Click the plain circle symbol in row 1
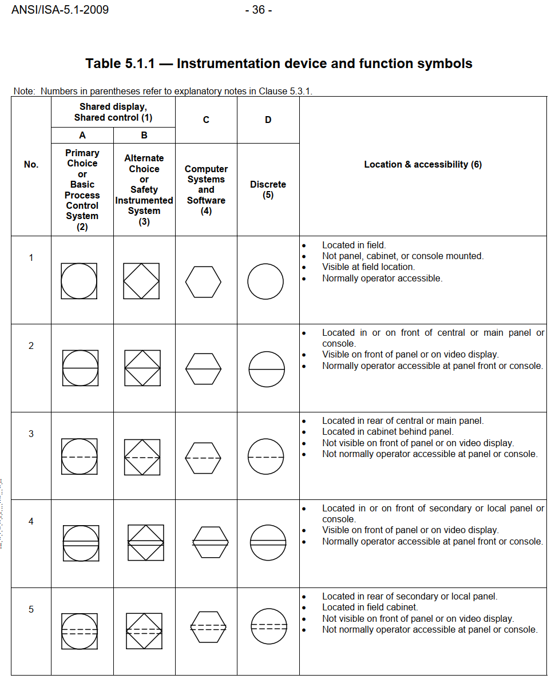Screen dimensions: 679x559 [x=265, y=281]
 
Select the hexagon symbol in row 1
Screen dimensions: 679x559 [x=203, y=281]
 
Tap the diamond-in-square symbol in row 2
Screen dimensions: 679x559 [x=142, y=368]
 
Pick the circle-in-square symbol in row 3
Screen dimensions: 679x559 [x=80, y=456]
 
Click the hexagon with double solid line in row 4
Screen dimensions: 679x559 [x=211, y=542]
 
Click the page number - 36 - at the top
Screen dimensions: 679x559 [x=258, y=10]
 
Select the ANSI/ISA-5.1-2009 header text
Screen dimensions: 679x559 [x=60, y=10]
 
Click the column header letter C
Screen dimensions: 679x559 [x=206, y=120]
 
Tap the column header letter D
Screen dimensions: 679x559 [x=268, y=120]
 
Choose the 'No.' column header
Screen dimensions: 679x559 [x=31, y=165]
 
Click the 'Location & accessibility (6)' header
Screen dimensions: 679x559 [x=423, y=165]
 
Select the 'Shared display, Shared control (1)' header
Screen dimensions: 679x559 [x=113, y=112]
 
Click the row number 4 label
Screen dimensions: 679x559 [x=31, y=521]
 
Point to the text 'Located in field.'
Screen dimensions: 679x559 [x=354, y=245]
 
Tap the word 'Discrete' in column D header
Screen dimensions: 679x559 [x=268, y=184]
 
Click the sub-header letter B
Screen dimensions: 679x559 [x=144, y=136]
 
